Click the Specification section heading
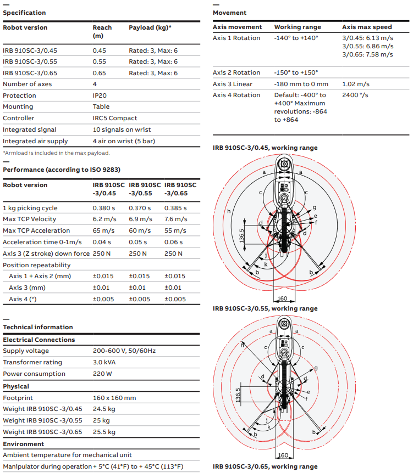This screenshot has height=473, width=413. (x=25, y=13)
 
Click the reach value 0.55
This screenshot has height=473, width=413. (x=100, y=62)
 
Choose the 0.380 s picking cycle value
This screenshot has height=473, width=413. (x=104, y=208)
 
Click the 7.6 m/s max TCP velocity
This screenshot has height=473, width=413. (x=176, y=219)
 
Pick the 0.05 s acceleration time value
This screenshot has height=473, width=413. (x=140, y=242)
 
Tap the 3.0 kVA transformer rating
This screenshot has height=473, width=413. (x=104, y=362)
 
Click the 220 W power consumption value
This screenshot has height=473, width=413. (x=102, y=374)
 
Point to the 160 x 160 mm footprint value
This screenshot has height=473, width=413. (x=114, y=398)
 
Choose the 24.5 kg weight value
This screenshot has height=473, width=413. (x=104, y=409)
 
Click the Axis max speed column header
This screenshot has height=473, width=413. (x=367, y=27)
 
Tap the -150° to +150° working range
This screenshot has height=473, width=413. (x=296, y=73)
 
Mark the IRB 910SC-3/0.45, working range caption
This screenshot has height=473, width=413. (x=265, y=148)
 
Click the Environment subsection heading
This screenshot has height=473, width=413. (x=24, y=444)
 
